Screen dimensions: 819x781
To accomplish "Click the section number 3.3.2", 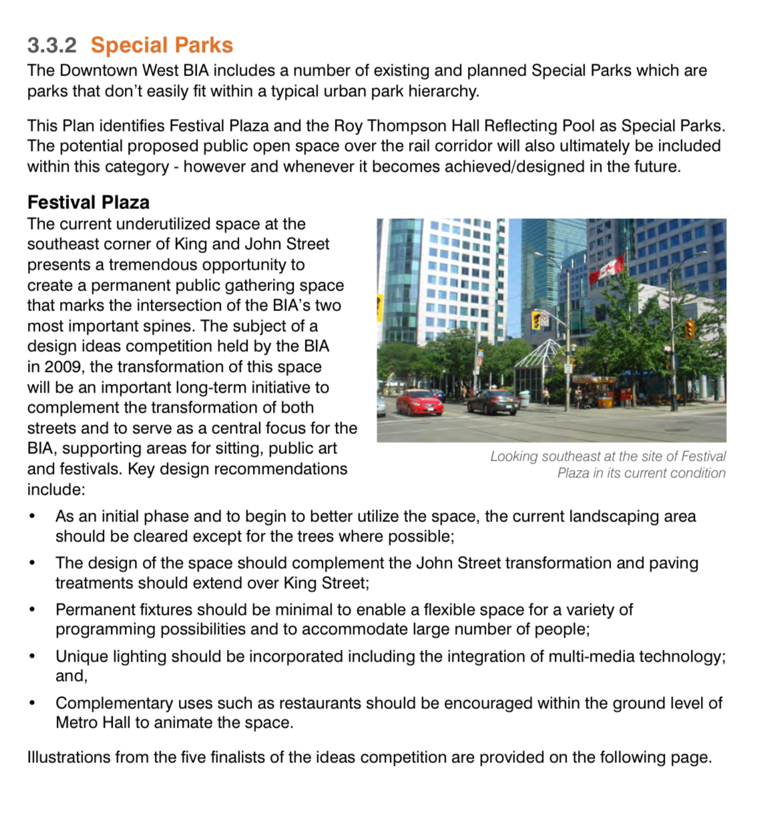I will (x=51, y=45).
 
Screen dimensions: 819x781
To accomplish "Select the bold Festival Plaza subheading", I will (x=88, y=202).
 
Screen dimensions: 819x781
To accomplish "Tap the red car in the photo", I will (x=419, y=402).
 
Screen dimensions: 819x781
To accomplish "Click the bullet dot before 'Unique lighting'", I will (x=32, y=657).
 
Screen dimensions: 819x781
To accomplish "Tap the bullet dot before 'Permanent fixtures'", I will (x=32, y=610).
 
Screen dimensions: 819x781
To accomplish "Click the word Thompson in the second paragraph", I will (x=352, y=126).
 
